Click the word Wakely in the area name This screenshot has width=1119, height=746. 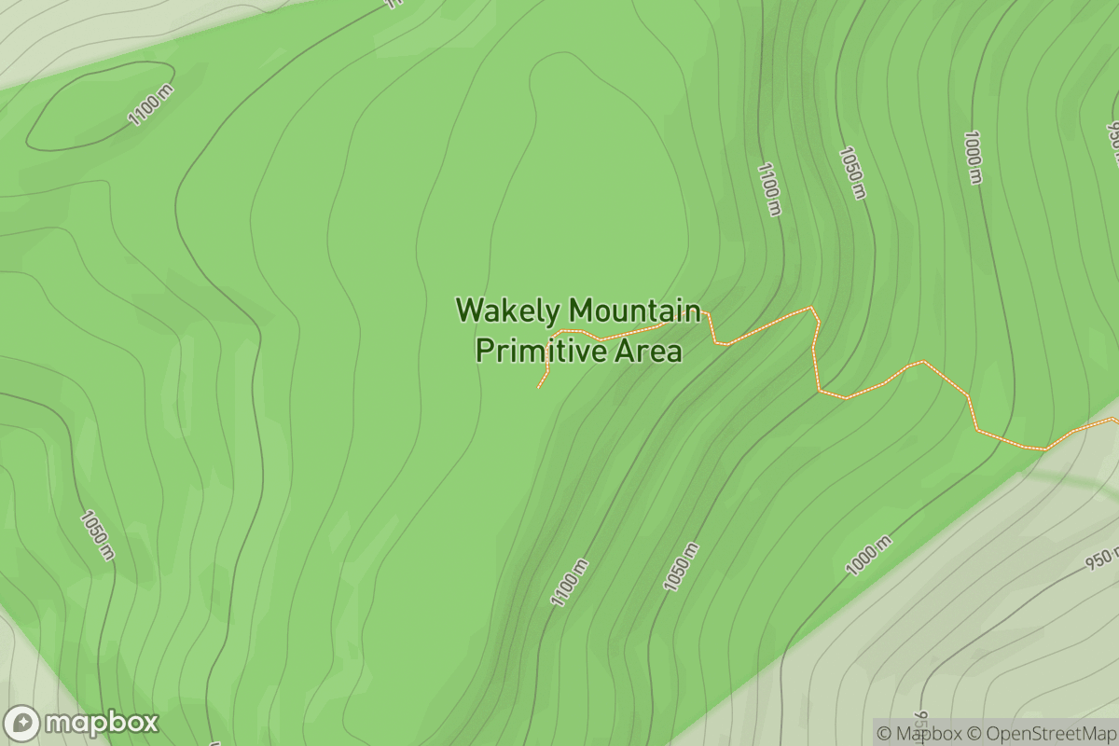point(508,311)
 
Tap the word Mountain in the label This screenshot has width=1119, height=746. point(634,311)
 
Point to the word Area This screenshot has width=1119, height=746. point(647,351)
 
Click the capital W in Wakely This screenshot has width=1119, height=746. point(469,311)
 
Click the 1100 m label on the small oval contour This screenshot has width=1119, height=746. point(151,104)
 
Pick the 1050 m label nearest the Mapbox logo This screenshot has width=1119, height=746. point(98,535)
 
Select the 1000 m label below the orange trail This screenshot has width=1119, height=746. point(868,555)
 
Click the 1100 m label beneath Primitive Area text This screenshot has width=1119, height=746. point(570,583)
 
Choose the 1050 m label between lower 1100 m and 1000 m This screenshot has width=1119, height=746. point(681,566)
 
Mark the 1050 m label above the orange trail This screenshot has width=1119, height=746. point(852,172)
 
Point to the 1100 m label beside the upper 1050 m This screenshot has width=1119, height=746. point(768,188)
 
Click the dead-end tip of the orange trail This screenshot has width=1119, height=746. point(539,387)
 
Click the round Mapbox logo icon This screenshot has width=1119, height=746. point(22,724)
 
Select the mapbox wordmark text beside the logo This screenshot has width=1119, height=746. point(102,724)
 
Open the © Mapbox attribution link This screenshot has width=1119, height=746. point(919,733)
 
